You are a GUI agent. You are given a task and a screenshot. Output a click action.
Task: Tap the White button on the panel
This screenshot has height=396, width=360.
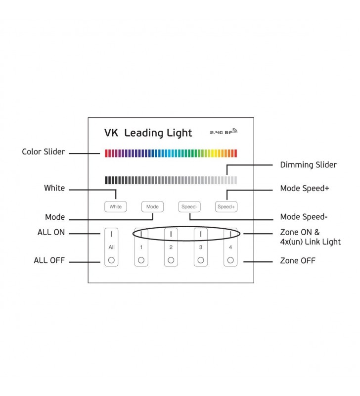116,206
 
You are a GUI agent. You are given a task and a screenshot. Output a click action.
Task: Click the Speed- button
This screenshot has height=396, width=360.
189,206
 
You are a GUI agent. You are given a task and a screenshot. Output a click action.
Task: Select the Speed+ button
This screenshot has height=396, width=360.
226,206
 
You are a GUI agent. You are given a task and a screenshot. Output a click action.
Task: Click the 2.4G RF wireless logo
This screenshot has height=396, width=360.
224,131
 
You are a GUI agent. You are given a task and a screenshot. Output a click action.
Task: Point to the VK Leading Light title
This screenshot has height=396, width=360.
148,133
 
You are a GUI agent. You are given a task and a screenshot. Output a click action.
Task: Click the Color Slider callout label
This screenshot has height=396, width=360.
44,151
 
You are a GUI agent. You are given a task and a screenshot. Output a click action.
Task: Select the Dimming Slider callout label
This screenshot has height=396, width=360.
308,165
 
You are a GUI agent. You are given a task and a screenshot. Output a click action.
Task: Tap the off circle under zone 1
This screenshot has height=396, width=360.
141,260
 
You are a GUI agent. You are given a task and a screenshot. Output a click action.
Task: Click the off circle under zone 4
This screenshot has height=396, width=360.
230,260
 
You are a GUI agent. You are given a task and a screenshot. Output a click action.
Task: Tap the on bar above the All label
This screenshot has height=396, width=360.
111,234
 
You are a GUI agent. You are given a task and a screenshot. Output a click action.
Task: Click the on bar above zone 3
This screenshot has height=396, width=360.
201,234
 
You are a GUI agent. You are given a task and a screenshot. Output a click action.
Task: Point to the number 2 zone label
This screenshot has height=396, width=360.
171,247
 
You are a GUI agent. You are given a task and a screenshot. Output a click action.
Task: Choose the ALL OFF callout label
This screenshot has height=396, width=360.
49,260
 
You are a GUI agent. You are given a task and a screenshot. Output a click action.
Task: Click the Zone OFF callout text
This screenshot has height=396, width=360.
298,261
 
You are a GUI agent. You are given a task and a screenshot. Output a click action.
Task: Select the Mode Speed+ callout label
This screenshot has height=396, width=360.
305,188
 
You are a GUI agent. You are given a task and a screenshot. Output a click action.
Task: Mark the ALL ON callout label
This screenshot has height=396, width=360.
51,232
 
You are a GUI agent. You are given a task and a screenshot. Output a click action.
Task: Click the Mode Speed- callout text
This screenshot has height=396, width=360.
304,217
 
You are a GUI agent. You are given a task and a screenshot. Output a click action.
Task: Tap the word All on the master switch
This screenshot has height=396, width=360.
111,247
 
